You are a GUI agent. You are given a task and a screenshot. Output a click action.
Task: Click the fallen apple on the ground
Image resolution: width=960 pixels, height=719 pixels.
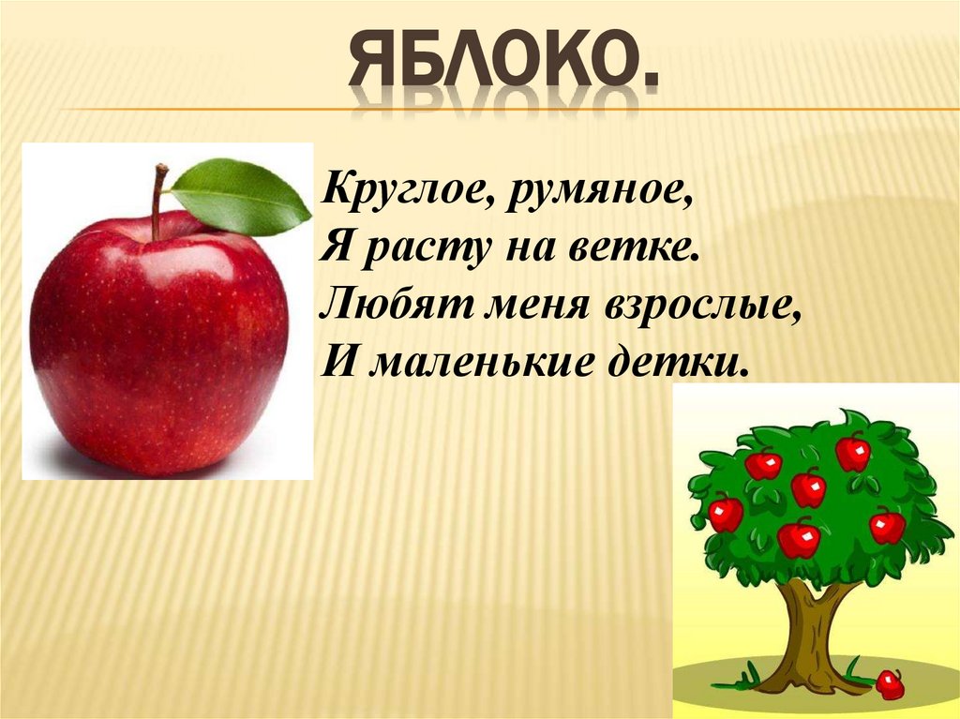click(889, 684)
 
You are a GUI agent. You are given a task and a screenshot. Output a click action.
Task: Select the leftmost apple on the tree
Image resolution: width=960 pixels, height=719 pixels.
click(726, 514)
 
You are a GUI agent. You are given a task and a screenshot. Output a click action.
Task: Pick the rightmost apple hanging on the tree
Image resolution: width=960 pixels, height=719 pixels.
click(887, 526)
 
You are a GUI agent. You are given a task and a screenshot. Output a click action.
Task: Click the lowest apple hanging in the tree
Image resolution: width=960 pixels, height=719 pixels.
click(799, 538)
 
